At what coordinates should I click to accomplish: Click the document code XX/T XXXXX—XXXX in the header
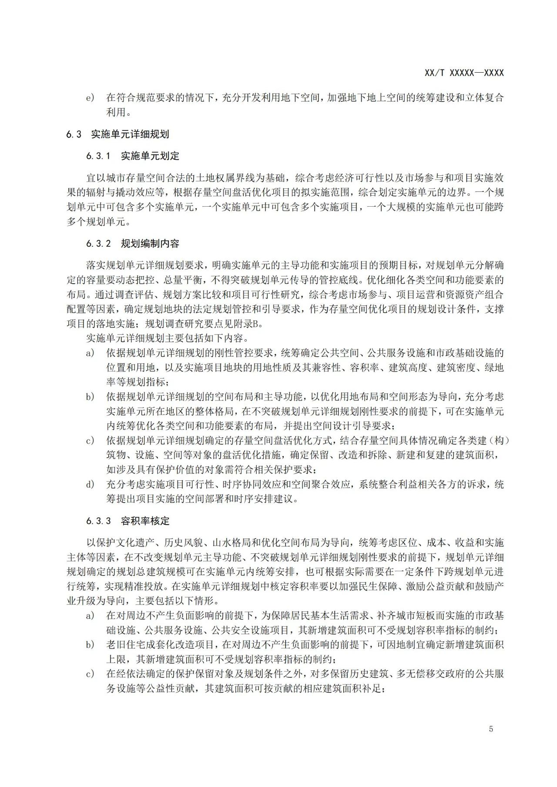[464, 73]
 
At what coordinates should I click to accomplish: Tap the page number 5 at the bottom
[491, 729]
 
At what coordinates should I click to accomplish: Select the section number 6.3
[74, 134]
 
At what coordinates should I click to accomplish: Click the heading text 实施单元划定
[150, 156]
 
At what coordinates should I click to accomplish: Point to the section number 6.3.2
[99, 244]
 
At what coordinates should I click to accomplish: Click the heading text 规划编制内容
[150, 244]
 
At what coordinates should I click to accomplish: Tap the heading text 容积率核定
[145, 521]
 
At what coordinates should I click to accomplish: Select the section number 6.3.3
[99, 521]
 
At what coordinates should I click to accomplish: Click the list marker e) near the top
[90, 98]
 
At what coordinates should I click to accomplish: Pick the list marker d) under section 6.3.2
[90, 485]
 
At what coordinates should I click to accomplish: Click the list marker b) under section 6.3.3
[90, 645]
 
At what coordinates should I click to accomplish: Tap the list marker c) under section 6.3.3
[90, 674]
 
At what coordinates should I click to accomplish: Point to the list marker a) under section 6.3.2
[90, 353]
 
